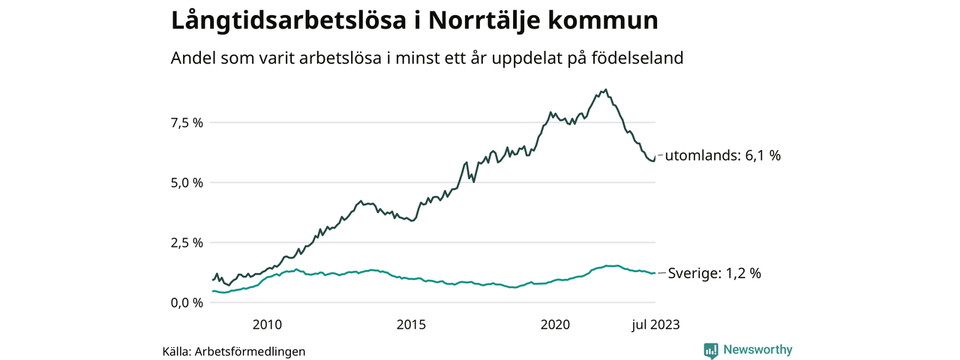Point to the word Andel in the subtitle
point(192,58)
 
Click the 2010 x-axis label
point(267,325)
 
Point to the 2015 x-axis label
point(411,325)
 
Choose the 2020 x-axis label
point(556,325)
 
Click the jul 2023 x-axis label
point(654,325)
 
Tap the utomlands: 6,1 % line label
point(723,156)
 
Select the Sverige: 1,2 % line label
point(714,274)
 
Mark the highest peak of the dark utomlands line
point(606,89)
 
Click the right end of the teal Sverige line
point(655,273)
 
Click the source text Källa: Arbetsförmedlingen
point(234,351)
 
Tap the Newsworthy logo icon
point(711,350)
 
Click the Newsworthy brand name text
point(757,349)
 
